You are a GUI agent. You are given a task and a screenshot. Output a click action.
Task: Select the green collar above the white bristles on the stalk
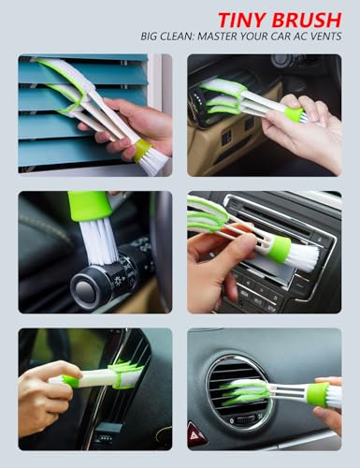coord(89,204)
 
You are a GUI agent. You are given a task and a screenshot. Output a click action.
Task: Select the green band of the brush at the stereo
coord(278,249)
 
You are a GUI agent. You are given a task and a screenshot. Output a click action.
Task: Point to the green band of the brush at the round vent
coord(318,394)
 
